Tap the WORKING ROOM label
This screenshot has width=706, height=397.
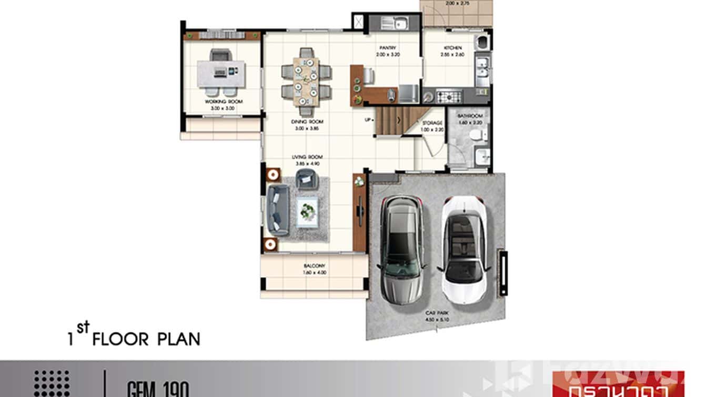(x=220, y=102)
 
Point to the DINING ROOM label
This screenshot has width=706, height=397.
(x=307, y=122)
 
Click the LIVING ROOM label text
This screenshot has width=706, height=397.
(x=307, y=157)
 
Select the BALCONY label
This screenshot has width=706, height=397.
(x=314, y=266)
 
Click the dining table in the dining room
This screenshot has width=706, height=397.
(x=306, y=82)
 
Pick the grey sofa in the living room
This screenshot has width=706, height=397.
(x=277, y=210)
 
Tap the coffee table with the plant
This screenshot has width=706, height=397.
(x=306, y=212)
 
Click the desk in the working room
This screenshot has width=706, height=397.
(x=221, y=73)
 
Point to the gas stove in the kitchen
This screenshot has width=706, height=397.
(x=447, y=96)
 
